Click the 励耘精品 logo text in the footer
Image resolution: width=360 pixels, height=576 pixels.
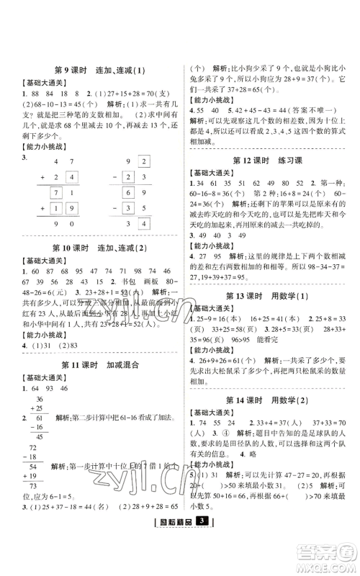click(175, 560)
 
